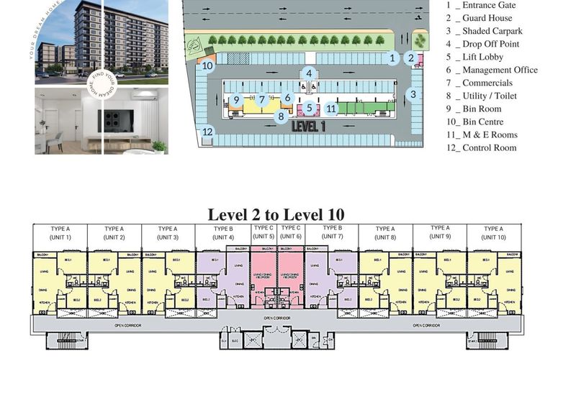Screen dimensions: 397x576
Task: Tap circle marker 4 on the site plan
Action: pyautogui.click(x=309, y=73)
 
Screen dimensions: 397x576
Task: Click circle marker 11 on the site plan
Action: pyautogui.click(x=330, y=109)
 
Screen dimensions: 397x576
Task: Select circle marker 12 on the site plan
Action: pyautogui.click(x=207, y=132)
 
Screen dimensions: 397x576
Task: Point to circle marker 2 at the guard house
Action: pyautogui.click(x=411, y=58)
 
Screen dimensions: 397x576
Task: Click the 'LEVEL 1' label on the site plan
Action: pyautogui.click(x=309, y=125)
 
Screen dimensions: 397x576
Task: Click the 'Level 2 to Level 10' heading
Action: pyautogui.click(x=276, y=214)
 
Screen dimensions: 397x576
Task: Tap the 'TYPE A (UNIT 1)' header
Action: pyautogui.click(x=60, y=233)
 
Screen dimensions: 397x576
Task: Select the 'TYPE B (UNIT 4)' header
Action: pyautogui.click(x=223, y=233)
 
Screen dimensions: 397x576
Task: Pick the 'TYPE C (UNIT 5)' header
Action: pyautogui.click(x=264, y=232)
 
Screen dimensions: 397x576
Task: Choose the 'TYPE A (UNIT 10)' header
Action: pyautogui.click(x=493, y=233)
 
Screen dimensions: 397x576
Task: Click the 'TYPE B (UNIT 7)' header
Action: pyautogui.click(x=332, y=232)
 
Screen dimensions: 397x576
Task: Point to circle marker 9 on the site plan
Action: pyautogui.click(x=236, y=101)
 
